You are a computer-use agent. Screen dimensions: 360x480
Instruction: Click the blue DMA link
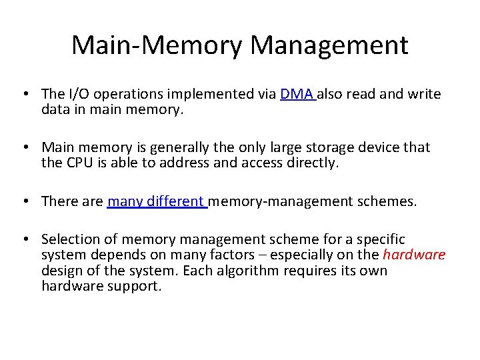click(x=297, y=94)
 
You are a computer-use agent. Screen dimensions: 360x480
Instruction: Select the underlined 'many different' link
click(x=157, y=201)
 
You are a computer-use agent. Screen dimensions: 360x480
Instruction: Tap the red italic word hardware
click(x=414, y=255)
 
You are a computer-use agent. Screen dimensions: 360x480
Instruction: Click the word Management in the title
click(x=330, y=45)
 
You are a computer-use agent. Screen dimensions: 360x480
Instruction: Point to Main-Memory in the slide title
click(x=158, y=45)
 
